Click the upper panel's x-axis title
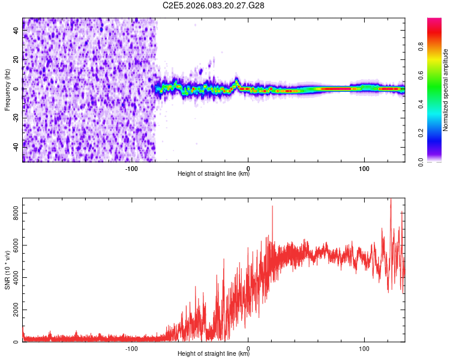(x=214, y=174)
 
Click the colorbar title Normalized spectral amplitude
(x=446, y=90)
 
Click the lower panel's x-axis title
(x=214, y=354)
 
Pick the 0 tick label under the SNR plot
(x=248, y=348)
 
